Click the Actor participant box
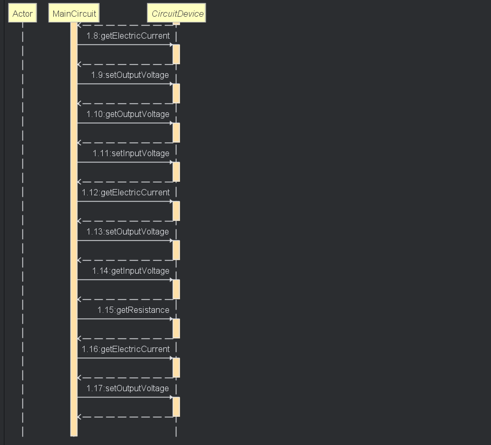(22, 14)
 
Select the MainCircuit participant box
(74, 14)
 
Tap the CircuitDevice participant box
(177, 14)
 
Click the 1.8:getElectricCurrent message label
(128, 36)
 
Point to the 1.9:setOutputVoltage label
(130, 75)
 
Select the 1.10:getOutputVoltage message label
(128, 114)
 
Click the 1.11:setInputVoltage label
(131, 154)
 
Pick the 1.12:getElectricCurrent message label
(126, 193)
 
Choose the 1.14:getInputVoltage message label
(130, 271)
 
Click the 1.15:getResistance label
(133, 310)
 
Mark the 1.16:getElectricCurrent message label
(126, 349)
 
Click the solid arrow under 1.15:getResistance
(125, 319)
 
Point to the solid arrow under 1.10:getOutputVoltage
(125, 123)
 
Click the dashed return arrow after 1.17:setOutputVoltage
(125, 417)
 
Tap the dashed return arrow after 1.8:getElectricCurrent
(125, 64)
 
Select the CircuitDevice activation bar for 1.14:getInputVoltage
(176, 289)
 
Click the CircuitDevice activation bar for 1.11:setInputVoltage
(176, 171)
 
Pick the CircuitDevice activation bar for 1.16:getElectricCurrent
(176, 367)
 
